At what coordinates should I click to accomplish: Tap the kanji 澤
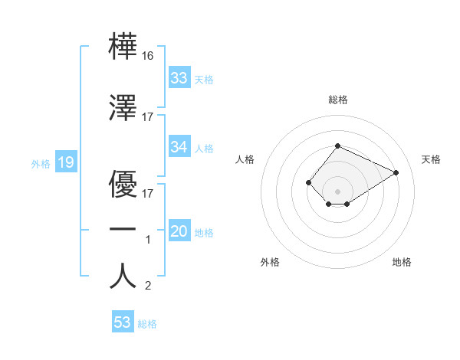[x=123, y=107]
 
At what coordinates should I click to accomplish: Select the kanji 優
[x=123, y=183]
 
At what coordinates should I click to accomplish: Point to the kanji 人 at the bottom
[x=123, y=277]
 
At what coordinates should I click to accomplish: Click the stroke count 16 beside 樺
[x=148, y=56]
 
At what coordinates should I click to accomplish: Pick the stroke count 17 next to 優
[x=148, y=193]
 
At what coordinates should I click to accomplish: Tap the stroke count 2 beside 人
[x=148, y=286]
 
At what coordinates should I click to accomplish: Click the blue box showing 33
[x=179, y=78]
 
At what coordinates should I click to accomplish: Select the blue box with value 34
[x=179, y=147]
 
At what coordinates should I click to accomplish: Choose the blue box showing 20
[x=179, y=232]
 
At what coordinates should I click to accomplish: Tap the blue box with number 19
[x=65, y=162]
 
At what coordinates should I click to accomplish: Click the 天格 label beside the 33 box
[x=203, y=79]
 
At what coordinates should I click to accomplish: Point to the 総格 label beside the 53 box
[x=147, y=324]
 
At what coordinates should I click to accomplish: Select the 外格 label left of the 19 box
[x=40, y=163]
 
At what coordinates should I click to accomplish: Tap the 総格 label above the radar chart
[x=337, y=100]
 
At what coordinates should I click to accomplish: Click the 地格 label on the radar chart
[x=402, y=263]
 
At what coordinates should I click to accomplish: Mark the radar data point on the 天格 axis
[x=396, y=172]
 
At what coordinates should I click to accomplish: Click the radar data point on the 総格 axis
[x=337, y=146]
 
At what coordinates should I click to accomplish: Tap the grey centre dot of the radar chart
[x=337, y=191]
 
